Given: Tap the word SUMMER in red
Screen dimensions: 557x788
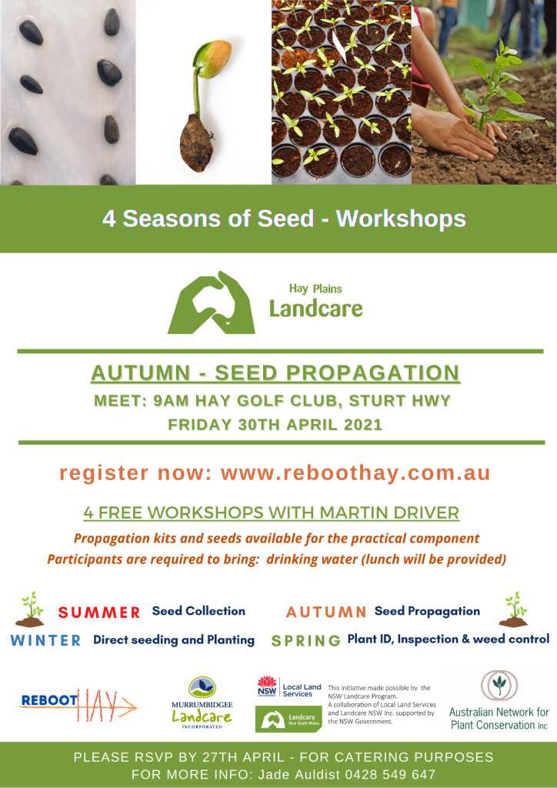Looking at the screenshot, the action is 99,612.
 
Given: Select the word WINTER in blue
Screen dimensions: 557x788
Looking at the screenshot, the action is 45,640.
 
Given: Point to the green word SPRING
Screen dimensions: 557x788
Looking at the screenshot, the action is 306,641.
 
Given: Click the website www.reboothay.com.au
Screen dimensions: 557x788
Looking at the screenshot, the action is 355,473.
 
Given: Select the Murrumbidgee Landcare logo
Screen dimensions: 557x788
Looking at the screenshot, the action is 202,702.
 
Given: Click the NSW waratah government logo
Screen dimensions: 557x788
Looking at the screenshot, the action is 267,686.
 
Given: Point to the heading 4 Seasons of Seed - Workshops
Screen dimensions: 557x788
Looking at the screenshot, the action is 285,219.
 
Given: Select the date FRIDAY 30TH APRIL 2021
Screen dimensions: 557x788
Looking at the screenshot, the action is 275,425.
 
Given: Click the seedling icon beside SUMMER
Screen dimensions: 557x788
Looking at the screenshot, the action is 30,609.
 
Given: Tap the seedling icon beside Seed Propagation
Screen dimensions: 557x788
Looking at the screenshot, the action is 513,609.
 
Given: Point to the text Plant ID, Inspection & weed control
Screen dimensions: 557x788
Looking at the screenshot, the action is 448,639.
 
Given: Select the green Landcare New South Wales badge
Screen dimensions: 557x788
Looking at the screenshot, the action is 289,720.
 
